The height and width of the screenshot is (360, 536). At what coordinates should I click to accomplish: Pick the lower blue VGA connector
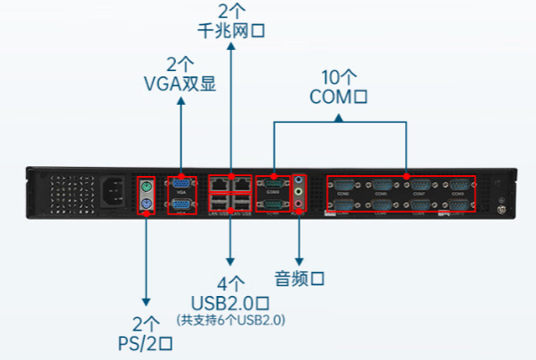pos(181,204)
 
